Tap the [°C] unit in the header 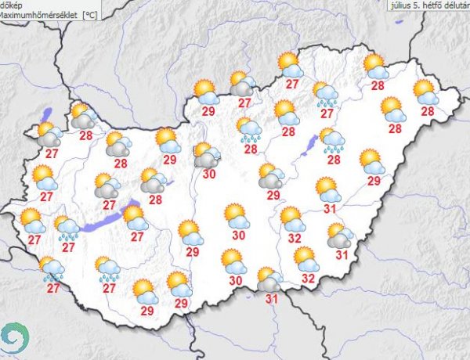click(x=91, y=14)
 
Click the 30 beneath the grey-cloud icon click(x=208, y=175)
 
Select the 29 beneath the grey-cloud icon click(x=273, y=195)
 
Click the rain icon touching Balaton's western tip click(x=67, y=228)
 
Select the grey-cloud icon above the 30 click(x=207, y=154)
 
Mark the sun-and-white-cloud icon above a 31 click(x=327, y=189)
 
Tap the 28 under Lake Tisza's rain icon click(x=334, y=160)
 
